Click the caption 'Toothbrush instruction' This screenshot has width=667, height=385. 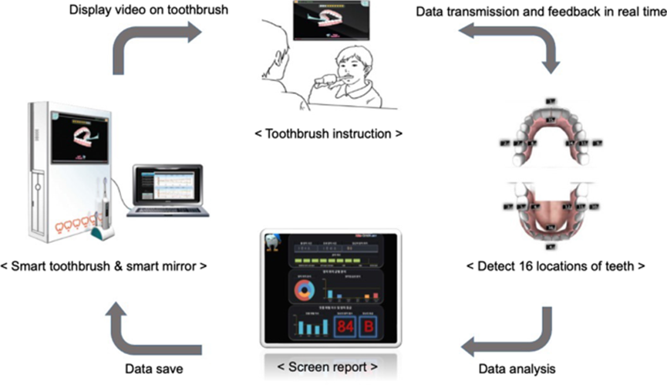click(328, 133)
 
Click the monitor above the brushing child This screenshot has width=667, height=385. click(330, 22)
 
